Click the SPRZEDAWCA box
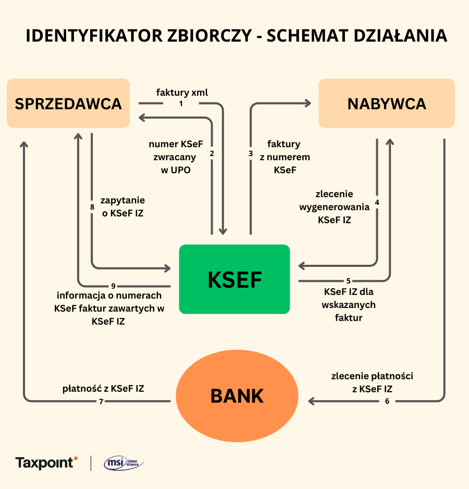point(68,103)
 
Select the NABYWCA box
point(387,103)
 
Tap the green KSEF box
point(234,279)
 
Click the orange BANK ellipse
point(237,396)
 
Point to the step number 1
point(181,104)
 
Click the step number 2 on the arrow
point(212,153)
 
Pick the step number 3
point(251,153)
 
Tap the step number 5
point(349,281)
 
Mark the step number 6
point(387,401)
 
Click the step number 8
point(92,208)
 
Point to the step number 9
point(113,286)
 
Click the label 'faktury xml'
point(182,93)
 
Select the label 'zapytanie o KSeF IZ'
point(122,207)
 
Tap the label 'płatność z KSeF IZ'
point(103,388)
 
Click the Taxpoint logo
point(46,462)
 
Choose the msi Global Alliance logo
point(124,462)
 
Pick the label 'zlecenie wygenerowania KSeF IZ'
point(334,207)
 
